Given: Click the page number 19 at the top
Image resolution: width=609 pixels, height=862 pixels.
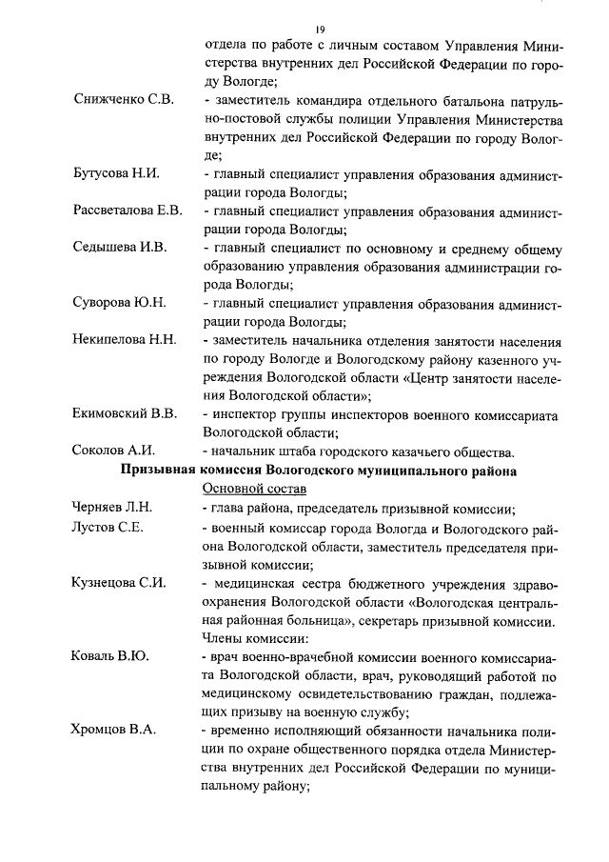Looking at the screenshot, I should click(x=321, y=30).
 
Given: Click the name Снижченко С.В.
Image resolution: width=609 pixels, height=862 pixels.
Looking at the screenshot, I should click(x=122, y=101).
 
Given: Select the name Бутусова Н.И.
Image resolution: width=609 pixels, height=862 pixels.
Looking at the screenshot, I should click(x=115, y=173).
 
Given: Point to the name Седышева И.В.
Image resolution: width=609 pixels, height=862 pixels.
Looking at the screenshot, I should click(x=119, y=248).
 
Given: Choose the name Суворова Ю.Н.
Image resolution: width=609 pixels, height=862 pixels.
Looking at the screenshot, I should click(x=119, y=303).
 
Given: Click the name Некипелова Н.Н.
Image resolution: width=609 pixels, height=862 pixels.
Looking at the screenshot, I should click(x=124, y=340).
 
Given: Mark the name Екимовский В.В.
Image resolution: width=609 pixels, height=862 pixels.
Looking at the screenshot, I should click(x=124, y=413).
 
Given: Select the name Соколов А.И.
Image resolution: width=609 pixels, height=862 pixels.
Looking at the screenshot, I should click(x=113, y=451).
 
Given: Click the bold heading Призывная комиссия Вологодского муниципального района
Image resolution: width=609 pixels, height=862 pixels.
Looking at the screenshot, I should click(x=319, y=470).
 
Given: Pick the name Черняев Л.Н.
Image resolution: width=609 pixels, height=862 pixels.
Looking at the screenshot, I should click(x=112, y=508).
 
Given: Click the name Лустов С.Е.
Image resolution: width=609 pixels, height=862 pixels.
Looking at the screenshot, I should click(x=108, y=527).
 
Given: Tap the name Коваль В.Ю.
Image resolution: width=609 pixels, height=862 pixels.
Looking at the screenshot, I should click(x=109, y=657).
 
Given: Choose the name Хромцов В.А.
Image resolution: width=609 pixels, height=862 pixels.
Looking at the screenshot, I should click(x=114, y=732).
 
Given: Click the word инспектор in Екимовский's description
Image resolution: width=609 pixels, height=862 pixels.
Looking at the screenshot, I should click(x=250, y=414).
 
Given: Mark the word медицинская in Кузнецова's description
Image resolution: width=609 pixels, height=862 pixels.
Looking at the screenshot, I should click(x=265, y=583).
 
